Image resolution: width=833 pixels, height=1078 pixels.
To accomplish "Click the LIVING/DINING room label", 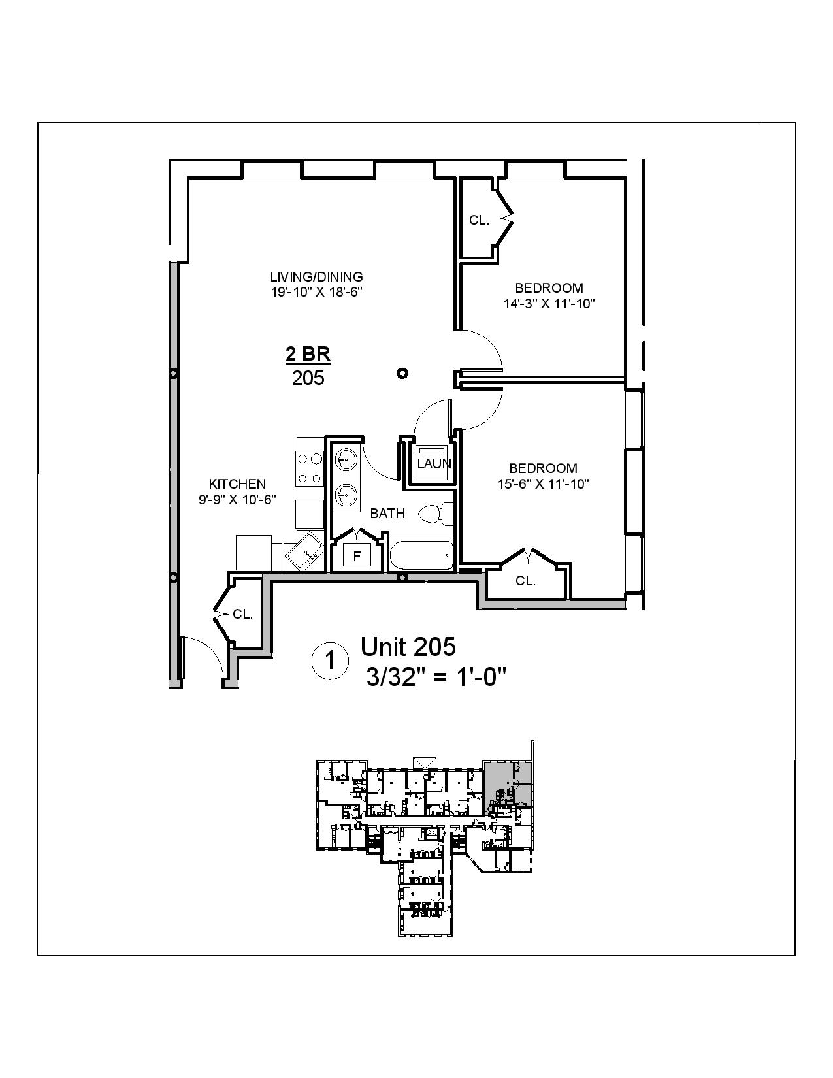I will coord(317,276).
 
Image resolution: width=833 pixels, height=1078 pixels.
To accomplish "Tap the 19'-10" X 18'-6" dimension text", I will coord(317,293).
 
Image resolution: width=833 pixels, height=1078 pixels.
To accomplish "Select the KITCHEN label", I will coord(237,483).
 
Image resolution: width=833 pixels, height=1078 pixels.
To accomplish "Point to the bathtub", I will coord(421,556).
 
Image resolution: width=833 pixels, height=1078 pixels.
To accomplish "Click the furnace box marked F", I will coord(357,556).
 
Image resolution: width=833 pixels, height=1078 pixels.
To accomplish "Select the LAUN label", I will coord(434,464).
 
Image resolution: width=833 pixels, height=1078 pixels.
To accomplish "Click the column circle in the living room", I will coord(403,373).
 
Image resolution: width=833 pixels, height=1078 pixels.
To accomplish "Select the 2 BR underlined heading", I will coord(308,355).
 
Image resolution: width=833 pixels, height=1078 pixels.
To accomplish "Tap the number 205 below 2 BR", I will coord(308,378).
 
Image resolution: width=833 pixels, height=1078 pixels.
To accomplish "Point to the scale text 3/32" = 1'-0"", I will coord(436,678).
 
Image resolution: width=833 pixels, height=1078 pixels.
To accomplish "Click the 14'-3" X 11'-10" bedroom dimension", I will coord(549,304).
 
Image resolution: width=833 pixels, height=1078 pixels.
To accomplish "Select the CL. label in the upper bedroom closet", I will coord(479,220).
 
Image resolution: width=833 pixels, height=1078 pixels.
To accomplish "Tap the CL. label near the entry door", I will coord(242,614).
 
